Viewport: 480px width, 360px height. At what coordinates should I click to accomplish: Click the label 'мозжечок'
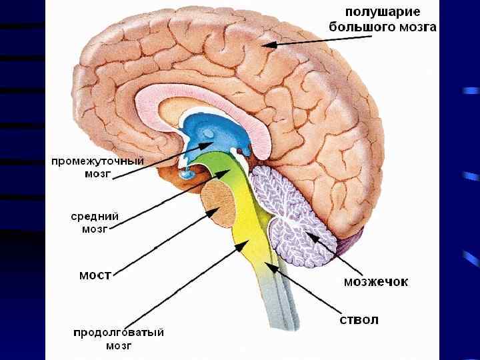click(x=376, y=281)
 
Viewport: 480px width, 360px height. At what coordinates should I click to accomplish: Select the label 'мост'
click(x=95, y=274)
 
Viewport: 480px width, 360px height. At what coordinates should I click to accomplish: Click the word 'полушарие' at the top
click(x=382, y=12)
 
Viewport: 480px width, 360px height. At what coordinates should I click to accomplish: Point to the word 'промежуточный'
click(x=97, y=161)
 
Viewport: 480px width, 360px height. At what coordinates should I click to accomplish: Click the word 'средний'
click(x=95, y=216)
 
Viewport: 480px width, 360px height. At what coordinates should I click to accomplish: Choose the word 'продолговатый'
click(x=119, y=332)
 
